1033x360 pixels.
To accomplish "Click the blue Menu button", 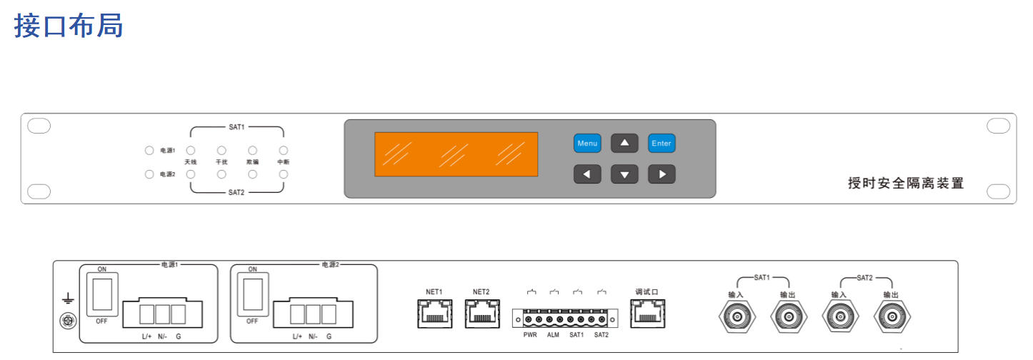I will coord(587,144).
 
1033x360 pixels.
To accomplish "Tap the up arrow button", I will coord(624,144).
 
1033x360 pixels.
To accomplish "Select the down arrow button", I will coord(624,174).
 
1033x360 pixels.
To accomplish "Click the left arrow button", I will coord(587,174).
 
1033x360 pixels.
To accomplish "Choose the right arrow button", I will coord(662,174).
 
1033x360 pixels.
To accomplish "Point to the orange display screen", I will coord(456,154).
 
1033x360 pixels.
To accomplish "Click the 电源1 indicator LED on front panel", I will coord(149,151).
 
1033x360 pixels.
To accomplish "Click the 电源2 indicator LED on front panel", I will coord(149,174).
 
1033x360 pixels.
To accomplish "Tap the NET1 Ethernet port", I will coord(434,313).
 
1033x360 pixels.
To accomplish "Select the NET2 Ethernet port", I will coord(481,313).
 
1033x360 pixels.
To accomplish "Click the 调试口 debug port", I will coord(647,313).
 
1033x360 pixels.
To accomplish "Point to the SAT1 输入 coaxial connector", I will coord(737,316).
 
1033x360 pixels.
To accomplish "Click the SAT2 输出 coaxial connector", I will coord(892,316).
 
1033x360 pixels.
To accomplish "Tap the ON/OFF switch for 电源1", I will coord(101,294).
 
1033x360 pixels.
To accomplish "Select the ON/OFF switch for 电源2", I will coord(252,294).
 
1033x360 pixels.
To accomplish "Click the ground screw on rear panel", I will coord(68,321).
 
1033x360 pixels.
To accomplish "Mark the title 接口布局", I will coord(69,26).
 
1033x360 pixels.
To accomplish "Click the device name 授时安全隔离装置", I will coord(906,184).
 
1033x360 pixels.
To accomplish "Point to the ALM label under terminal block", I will coord(553,334).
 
